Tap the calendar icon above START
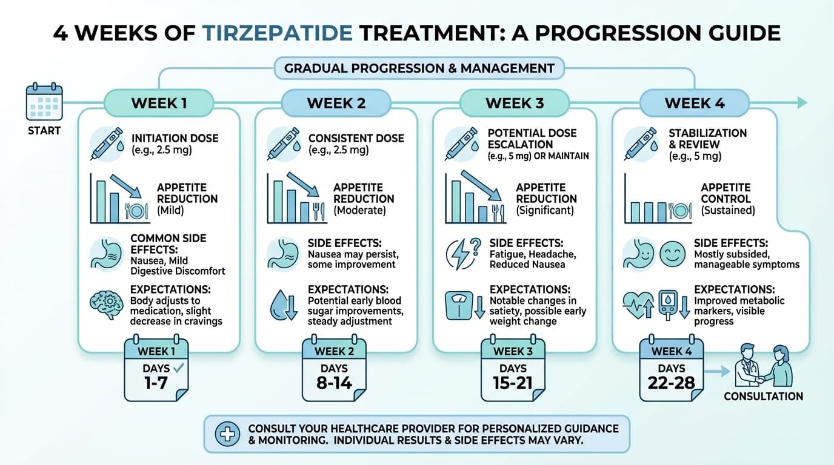click(x=44, y=102)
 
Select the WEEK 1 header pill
click(x=159, y=103)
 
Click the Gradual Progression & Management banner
click(x=419, y=68)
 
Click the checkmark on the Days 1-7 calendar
click(x=179, y=368)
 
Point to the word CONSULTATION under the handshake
click(x=763, y=397)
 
